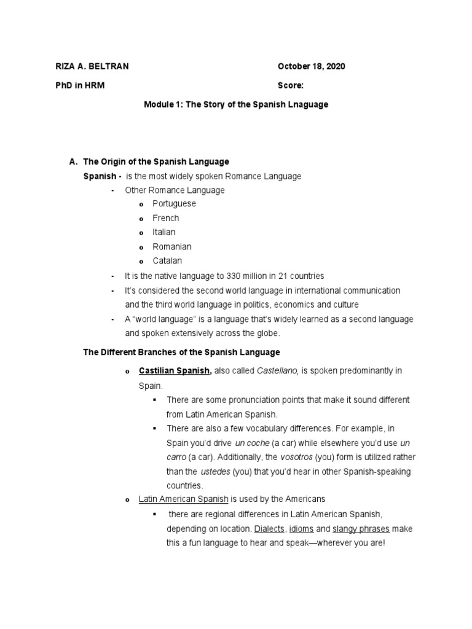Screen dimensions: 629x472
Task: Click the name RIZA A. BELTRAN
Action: tap(90, 66)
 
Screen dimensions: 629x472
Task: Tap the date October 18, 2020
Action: tap(311, 66)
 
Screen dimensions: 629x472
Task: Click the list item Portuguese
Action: tap(174, 203)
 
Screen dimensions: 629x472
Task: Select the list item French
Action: tap(166, 218)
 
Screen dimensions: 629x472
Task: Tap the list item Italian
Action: tap(164, 232)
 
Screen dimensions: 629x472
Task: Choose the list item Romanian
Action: tap(172, 246)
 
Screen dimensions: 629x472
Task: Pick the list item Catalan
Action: tap(168, 260)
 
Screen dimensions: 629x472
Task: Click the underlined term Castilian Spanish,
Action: tap(175, 370)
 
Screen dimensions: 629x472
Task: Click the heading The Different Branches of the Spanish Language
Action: tap(181, 352)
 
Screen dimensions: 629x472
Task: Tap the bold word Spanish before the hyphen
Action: tap(99, 176)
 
